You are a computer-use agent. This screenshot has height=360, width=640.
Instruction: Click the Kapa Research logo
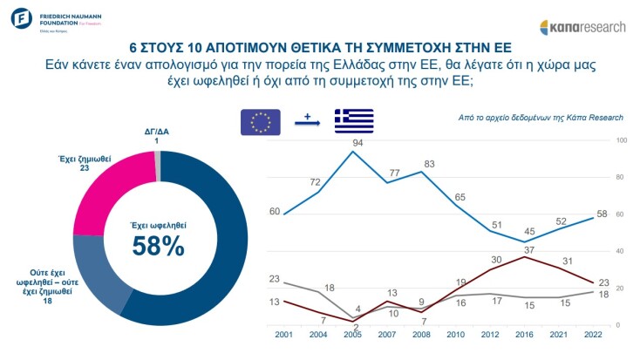click(583, 27)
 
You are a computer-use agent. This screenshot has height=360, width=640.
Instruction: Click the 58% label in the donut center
click(158, 246)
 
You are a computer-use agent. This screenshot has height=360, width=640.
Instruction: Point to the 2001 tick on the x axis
click(283, 334)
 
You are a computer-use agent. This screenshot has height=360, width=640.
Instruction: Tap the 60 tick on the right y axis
click(620, 214)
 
